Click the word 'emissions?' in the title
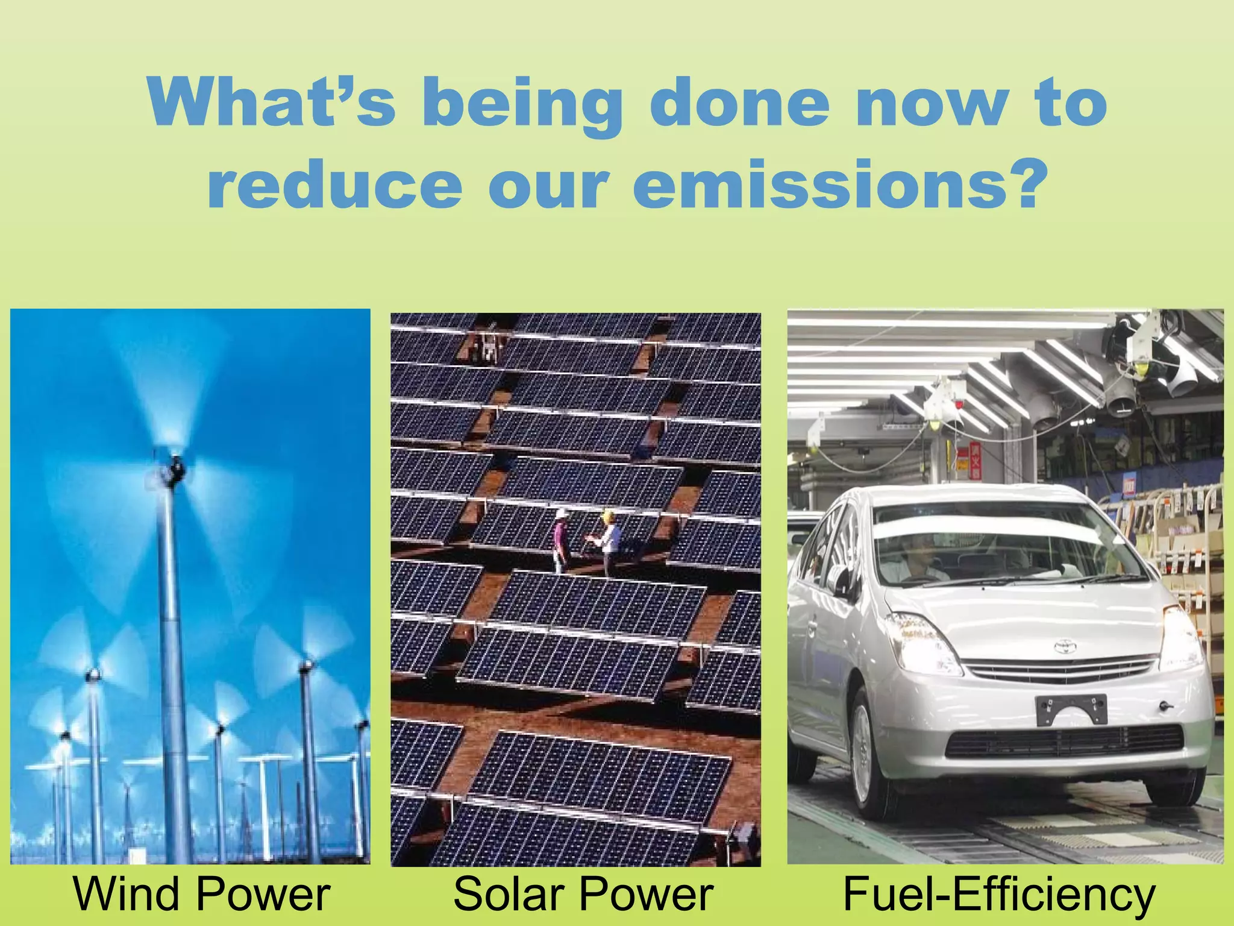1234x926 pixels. click(838, 184)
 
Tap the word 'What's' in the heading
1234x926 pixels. click(271, 102)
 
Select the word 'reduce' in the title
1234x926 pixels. click(334, 184)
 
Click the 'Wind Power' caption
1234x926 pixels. click(201, 894)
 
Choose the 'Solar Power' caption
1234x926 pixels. click(583, 894)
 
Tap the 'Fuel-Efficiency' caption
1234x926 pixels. click(998, 894)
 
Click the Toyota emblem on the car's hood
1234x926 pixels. click(1065, 647)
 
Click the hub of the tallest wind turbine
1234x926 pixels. click(175, 467)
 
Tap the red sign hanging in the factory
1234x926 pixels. click(974, 461)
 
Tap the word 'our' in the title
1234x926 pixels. click(548, 184)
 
